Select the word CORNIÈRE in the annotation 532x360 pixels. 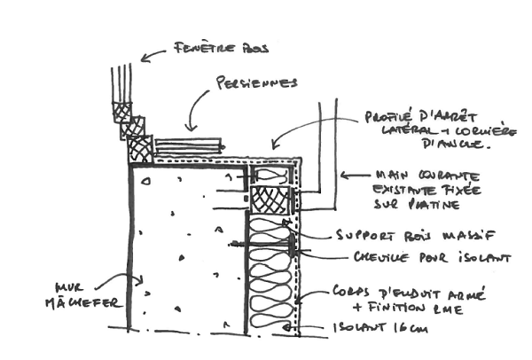click(458, 129)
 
